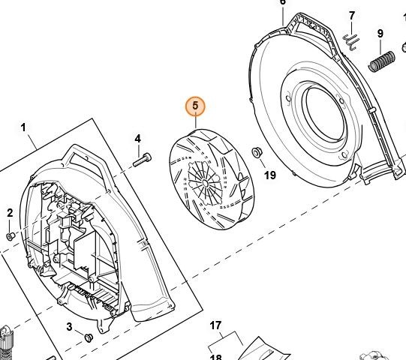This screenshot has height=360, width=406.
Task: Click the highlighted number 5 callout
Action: click(x=195, y=106)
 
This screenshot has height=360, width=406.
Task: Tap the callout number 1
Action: click(x=23, y=127)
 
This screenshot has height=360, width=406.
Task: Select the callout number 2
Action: click(x=10, y=213)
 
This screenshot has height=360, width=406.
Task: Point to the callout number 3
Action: click(x=69, y=326)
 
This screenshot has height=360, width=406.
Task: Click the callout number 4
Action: click(x=138, y=139)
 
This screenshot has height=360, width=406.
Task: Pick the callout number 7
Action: click(x=352, y=16)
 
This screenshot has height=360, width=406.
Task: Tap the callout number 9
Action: click(x=380, y=34)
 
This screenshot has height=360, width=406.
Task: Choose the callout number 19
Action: click(x=270, y=175)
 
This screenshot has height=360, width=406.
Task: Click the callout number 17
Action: click(x=215, y=325)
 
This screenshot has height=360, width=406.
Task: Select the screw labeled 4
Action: click(x=142, y=160)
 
